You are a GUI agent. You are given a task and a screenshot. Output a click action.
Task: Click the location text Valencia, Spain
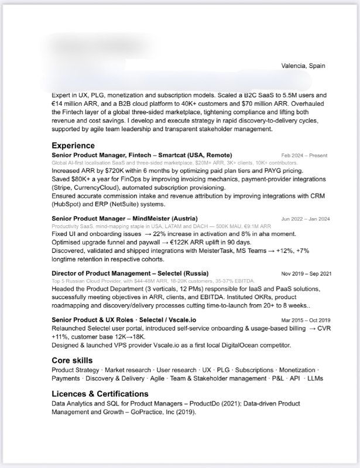(303, 66)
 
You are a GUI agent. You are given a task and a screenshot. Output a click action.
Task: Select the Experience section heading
(73, 145)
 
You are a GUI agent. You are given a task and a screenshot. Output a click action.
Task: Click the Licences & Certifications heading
(100, 394)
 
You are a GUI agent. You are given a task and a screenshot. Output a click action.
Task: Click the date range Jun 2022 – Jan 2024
(306, 219)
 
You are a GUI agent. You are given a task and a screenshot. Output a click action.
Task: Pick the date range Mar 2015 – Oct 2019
(306, 320)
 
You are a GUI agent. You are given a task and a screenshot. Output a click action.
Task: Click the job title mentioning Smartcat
(142, 154)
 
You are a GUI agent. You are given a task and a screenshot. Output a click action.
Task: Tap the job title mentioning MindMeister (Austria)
(124, 218)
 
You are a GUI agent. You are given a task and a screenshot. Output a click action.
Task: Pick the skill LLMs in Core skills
(316, 378)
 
